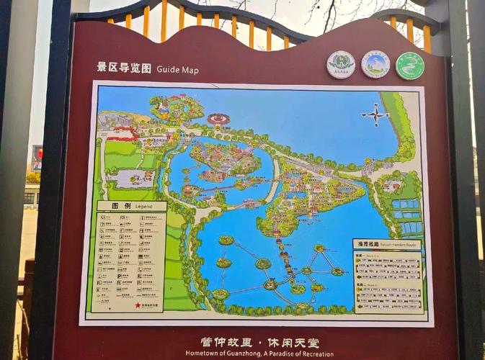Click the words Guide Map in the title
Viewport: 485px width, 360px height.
[x=177, y=70]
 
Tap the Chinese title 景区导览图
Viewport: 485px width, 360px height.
[x=124, y=68]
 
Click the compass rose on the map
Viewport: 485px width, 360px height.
[x=375, y=115]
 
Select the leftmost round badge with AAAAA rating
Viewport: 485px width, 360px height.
[x=340, y=65]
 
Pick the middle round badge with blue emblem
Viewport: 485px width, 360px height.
[x=375, y=65]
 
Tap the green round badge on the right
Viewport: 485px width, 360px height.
[x=409, y=66]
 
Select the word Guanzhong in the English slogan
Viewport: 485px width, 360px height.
[x=241, y=354]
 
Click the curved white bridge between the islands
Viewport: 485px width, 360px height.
[x=272, y=190]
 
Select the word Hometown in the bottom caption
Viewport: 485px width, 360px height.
[x=203, y=354]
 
